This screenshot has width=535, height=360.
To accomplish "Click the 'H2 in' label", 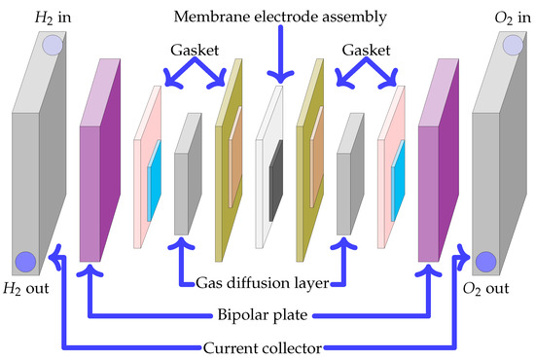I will point(30,18).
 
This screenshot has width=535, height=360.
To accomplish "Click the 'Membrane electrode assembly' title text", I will point(278,17).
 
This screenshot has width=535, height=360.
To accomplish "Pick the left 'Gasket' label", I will point(183,47).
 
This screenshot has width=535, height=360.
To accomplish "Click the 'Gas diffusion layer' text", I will point(262,282).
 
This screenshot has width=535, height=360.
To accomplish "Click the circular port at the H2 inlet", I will point(52,45).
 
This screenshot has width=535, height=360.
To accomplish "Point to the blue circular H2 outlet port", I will point(24,260).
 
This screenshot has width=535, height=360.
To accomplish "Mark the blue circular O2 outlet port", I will point(484,260).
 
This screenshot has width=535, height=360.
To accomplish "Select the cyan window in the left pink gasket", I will point(152,191).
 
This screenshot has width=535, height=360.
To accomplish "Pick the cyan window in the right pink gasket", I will point(397,191).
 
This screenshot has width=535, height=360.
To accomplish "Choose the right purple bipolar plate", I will point(434,165).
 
